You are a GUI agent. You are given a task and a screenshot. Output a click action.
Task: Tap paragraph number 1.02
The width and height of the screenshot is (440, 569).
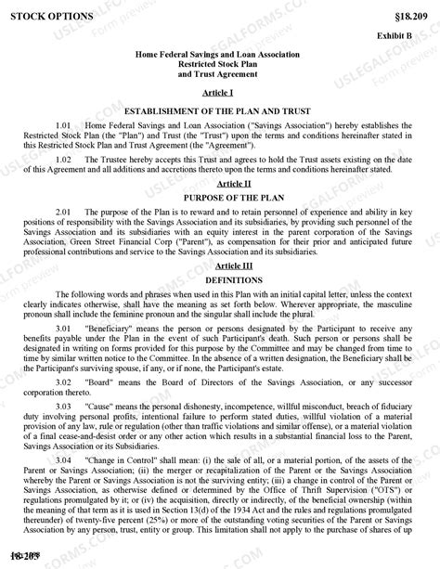[x=64, y=160]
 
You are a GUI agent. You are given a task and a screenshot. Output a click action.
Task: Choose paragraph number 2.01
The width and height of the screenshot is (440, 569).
[x=64, y=213]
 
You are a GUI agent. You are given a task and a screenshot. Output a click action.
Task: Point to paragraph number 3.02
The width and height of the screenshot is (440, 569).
[x=64, y=381]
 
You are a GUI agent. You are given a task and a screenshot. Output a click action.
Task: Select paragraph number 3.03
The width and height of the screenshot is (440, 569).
[x=64, y=407]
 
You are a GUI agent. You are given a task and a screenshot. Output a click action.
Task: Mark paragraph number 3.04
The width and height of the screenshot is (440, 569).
[x=64, y=459]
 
